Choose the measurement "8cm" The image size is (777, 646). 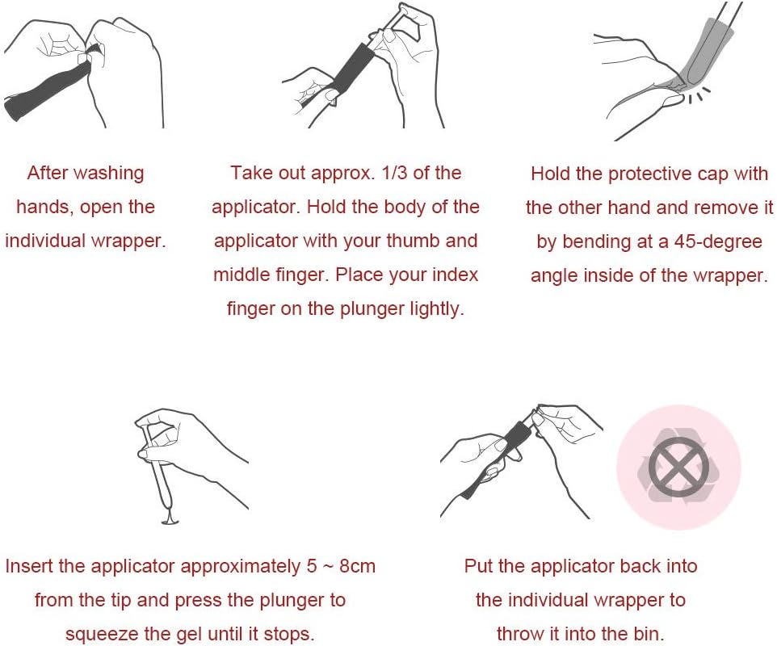(357, 566)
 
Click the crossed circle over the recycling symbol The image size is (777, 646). (678, 468)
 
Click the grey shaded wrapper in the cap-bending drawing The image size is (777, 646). (703, 52)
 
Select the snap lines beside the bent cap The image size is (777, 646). (698, 95)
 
